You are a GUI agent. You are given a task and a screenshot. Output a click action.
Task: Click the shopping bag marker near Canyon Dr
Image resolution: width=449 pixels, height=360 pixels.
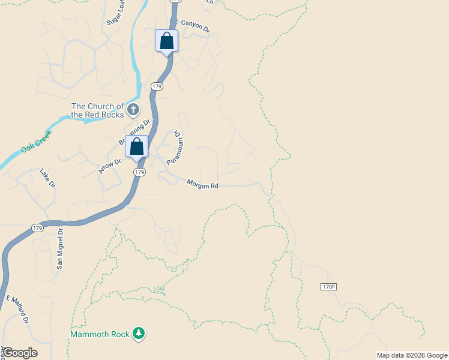[166, 41]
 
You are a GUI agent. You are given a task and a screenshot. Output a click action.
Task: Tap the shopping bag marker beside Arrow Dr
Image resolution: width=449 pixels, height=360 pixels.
[137, 147]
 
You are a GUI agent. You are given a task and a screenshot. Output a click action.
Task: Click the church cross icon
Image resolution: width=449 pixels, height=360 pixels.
[133, 110]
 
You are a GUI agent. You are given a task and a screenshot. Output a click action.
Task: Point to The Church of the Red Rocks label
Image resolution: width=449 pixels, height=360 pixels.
[97, 110]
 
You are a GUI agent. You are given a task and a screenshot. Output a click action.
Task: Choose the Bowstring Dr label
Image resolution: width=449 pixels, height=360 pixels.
[133, 133]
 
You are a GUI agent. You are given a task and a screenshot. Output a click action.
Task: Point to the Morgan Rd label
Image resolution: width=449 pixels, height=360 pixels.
[202, 185]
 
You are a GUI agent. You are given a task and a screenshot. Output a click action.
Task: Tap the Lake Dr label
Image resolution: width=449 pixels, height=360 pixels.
[47, 179]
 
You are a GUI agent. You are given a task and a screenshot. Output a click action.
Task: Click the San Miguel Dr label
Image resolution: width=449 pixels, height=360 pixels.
[60, 248]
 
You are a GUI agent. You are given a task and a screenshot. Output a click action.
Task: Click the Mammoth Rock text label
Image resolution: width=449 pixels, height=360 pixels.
[100, 334]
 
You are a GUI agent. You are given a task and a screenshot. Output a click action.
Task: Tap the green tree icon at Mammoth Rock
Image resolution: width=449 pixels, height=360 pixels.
[139, 333]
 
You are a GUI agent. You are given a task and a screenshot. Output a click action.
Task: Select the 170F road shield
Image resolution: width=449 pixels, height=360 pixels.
[328, 287]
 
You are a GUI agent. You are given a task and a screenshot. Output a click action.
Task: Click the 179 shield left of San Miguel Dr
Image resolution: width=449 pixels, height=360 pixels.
[37, 228]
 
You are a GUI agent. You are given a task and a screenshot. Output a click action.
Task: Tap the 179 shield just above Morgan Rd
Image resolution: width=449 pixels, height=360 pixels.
[139, 172]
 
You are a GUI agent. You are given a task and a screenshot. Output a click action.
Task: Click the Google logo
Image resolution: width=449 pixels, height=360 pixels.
[20, 352]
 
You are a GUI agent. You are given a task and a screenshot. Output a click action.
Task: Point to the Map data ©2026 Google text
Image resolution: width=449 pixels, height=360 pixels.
[412, 355]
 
